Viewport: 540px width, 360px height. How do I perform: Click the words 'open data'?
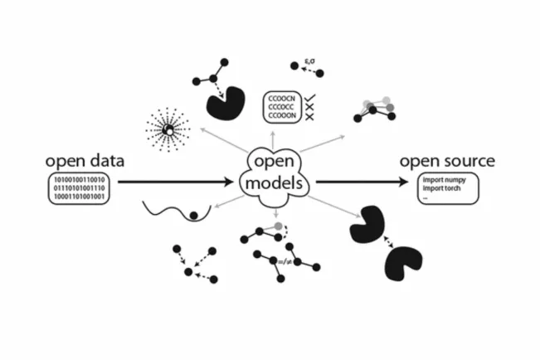[x=85, y=160]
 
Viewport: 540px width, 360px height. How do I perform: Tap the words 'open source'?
[x=447, y=160]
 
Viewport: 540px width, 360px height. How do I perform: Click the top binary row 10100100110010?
[x=85, y=179]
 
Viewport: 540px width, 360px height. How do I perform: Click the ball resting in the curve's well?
[x=196, y=216]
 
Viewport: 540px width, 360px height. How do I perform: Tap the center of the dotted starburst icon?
[x=168, y=129]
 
